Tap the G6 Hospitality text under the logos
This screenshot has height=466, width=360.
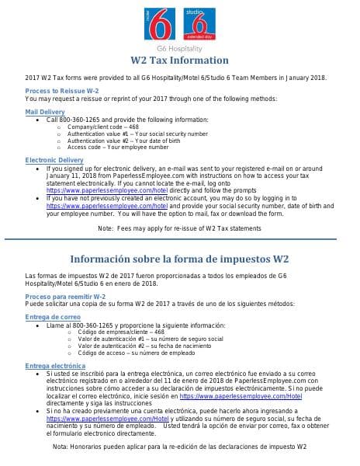tap(179, 49)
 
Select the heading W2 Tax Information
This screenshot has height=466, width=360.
tap(179, 61)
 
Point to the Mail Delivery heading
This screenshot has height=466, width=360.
tap(45, 112)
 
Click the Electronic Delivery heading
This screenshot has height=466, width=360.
tap(54, 160)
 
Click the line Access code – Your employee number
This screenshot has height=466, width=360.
tap(118, 147)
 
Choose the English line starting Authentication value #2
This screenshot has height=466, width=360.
tap(130, 140)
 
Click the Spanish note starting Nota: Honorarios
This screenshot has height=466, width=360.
tap(179, 447)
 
